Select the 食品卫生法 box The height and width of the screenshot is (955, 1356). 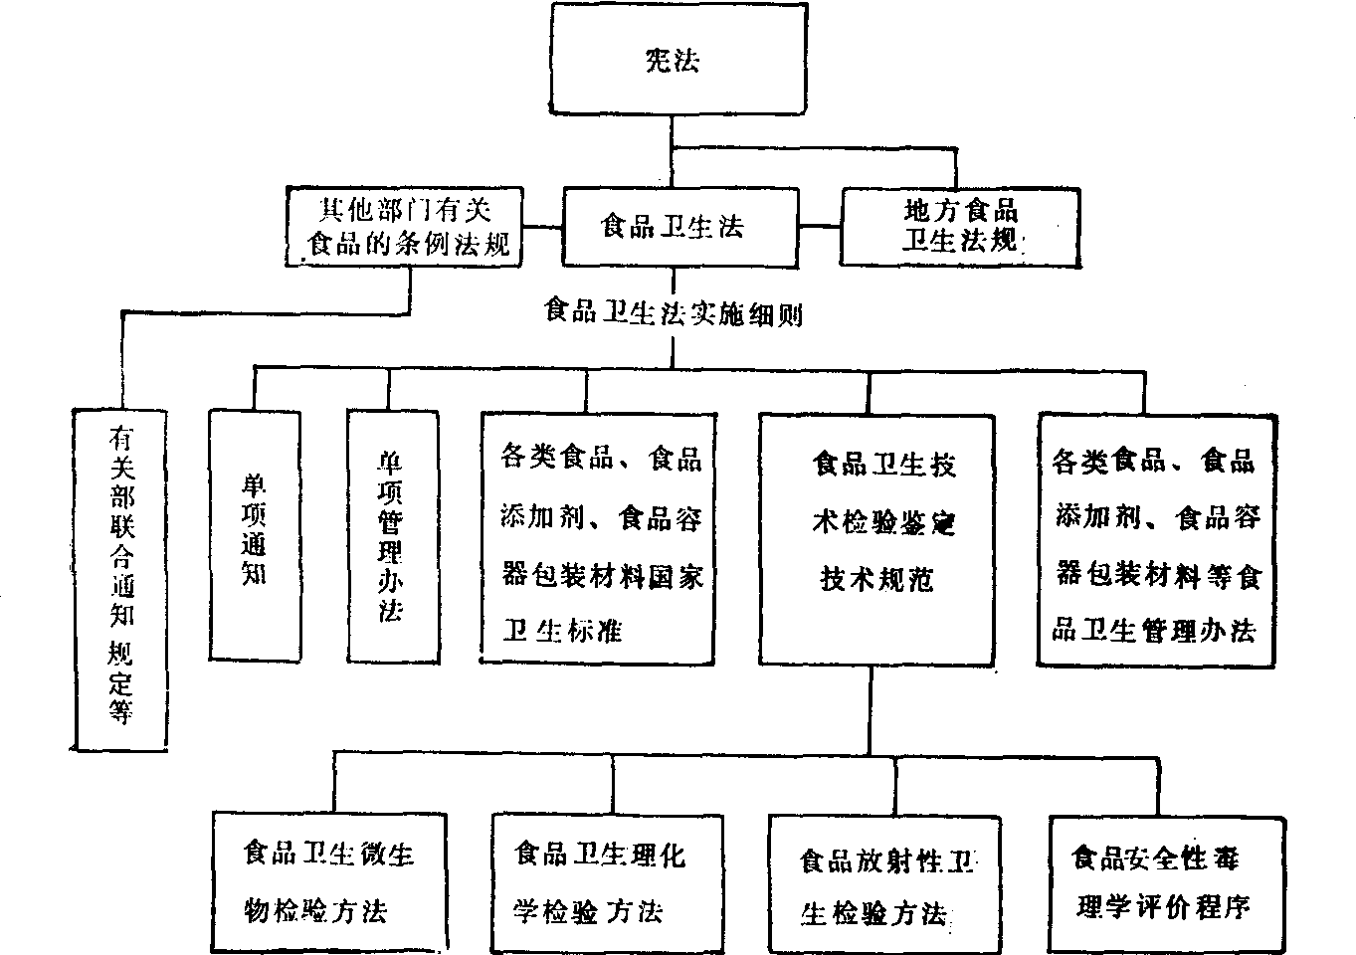click(x=673, y=226)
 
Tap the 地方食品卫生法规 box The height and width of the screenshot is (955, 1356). click(x=959, y=226)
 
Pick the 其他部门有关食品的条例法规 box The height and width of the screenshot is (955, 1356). click(x=404, y=226)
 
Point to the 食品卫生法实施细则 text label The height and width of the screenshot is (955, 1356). click(x=673, y=313)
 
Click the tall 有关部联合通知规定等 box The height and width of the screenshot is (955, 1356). click(x=121, y=577)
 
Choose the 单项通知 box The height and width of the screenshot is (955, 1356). click(x=254, y=534)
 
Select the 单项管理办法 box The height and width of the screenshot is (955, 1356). click(x=392, y=534)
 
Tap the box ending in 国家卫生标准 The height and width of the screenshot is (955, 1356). click(x=597, y=537)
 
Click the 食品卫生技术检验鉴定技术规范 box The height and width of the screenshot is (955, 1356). click(x=875, y=537)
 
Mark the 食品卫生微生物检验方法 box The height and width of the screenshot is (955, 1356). click(x=328, y=880)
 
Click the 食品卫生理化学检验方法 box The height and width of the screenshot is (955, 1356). click(x=601, y=880)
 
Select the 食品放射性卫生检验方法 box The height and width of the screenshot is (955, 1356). click(x=873, y=883)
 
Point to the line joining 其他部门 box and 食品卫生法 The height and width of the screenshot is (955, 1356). click(x=543, y=226)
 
